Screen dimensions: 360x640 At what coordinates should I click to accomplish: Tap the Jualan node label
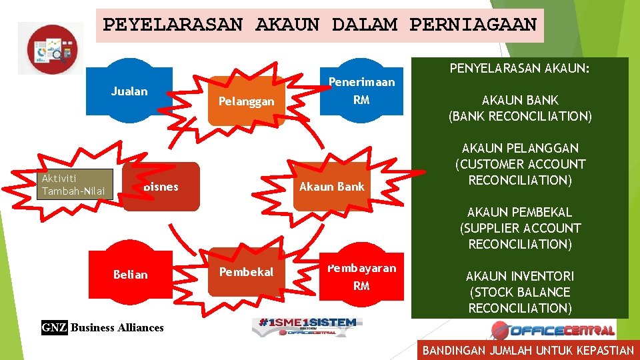[x=129, y=91]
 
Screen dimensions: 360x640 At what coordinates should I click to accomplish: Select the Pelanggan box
[x=246, y=101]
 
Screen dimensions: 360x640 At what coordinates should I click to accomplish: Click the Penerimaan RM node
[x=361, y=91]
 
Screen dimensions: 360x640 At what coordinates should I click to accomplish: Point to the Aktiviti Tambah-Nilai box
[x=73, y=185]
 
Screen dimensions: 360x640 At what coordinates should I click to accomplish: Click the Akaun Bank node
[x=331, y=187]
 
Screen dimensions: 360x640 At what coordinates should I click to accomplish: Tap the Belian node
[x=130, y=274]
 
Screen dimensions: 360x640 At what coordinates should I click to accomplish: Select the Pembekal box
[x=246, y=272]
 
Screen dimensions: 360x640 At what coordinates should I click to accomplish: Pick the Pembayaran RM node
[x=361, y=277]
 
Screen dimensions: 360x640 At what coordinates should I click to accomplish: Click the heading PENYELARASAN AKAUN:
[x=520, y=69]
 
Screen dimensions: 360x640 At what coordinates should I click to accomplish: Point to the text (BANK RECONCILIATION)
[x=520, y=116]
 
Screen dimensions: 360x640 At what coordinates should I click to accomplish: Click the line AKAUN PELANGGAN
[x=520, y=148]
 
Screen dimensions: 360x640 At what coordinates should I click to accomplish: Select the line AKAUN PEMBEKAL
[x=520, y=212]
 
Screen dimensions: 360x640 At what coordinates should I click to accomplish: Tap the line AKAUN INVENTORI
[x=520, y=276]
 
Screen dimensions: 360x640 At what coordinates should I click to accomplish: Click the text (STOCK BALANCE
[x=520, y=292]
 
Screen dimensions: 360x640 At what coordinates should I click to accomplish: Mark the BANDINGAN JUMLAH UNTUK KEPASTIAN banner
[x=528, y=350]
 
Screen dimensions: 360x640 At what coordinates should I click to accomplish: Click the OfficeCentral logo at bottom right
[x=553, y=329]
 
